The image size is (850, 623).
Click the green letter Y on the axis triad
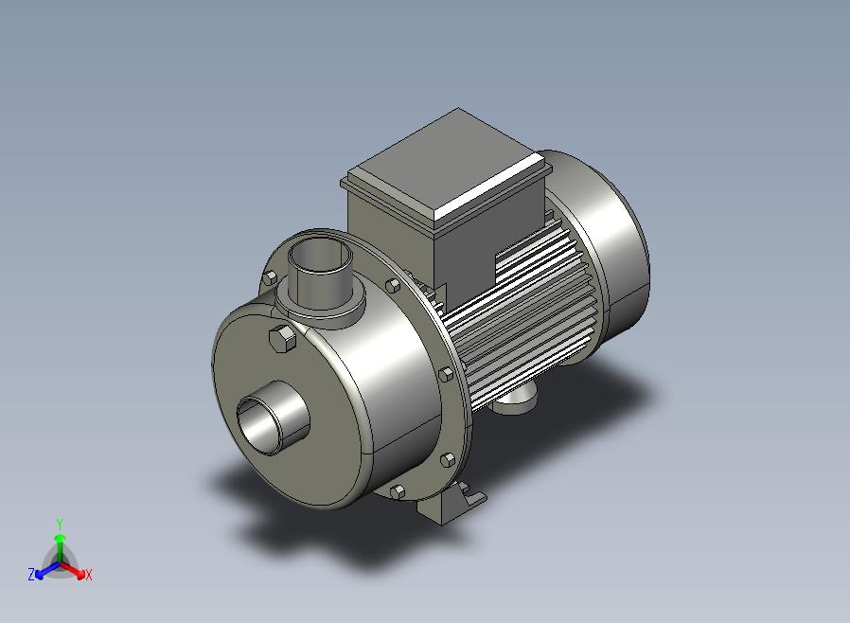60,524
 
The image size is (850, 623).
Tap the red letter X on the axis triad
89,575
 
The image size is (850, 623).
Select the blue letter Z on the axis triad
31,575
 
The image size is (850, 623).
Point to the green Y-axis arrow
61,548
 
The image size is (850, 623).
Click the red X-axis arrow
73,569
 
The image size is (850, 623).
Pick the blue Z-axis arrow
47,569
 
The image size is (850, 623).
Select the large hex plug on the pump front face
282,339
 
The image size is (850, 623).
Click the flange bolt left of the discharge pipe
270,278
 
